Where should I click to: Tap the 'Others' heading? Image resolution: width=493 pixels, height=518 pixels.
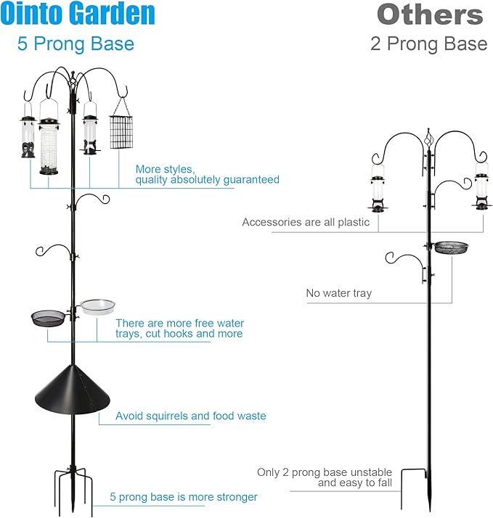[x=430, y=15]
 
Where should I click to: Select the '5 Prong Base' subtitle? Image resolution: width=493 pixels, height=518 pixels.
[x=76, y=44]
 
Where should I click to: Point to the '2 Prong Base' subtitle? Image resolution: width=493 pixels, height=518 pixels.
[x=428, y=44]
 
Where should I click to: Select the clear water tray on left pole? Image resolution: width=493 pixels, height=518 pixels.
[x=97, y=306]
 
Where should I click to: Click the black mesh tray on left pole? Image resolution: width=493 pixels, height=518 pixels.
[x=47, y=317]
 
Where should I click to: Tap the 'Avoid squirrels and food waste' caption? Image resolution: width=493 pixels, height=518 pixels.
[x=191, y=416]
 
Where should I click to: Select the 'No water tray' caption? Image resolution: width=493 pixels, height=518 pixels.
[x=339, y=293]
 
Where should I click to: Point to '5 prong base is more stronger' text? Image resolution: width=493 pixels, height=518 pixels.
[x=184, y=497]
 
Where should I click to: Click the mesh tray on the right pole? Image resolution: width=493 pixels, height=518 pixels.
[x=452, y=247]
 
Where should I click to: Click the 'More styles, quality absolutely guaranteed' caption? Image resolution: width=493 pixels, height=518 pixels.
[x=207, y=174]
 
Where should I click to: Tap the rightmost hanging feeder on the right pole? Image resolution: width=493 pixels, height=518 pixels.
[x=481, y=190]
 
